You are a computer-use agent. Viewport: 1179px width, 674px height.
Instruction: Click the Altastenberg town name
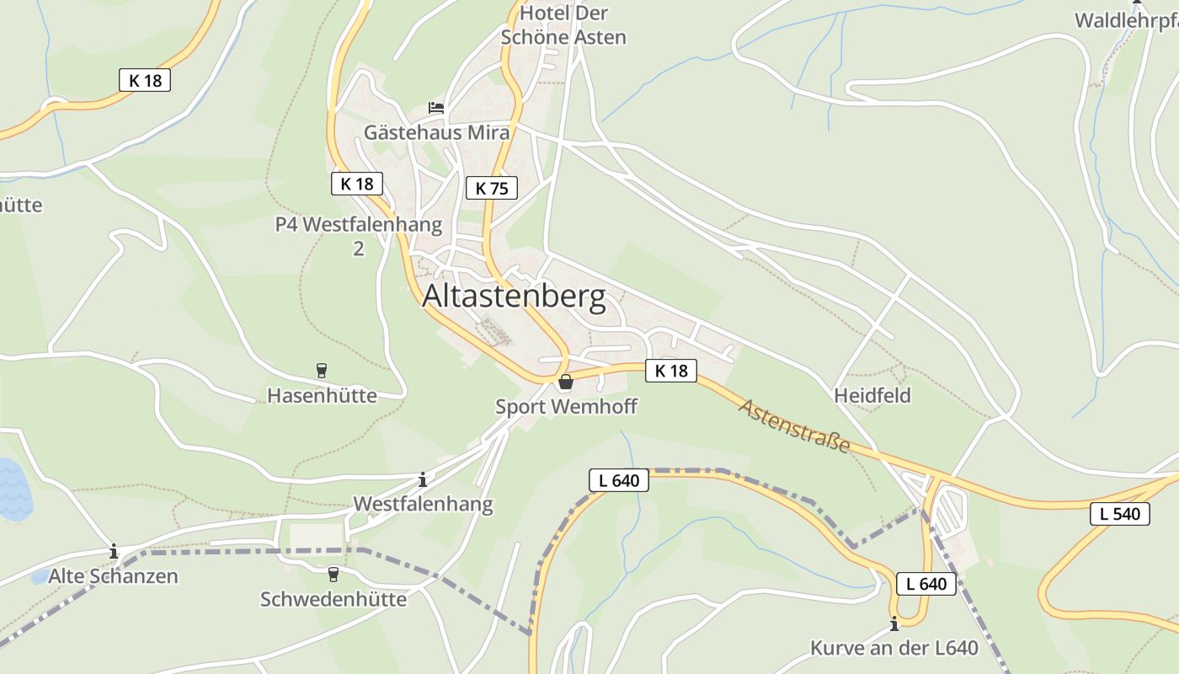(x=514, y=297)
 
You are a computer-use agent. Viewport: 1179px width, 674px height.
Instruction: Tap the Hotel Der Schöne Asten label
(x=563, y=25)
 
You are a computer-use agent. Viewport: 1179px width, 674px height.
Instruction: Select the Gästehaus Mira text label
(x=436, y=132)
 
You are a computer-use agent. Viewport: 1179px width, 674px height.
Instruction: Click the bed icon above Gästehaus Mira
(x=435, y=108)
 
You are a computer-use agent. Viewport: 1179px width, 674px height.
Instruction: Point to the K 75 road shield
(x=492, y=188)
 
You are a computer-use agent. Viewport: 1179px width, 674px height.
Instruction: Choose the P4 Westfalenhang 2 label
(x=359, y=236)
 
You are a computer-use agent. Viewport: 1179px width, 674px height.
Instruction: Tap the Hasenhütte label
(x=322, y=395)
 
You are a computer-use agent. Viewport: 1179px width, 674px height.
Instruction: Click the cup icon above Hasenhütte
(x=321, y=370)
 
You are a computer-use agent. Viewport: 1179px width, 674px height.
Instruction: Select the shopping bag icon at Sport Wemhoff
(x=566, y=382)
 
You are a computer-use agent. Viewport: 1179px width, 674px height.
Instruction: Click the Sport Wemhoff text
(x=566, y=407)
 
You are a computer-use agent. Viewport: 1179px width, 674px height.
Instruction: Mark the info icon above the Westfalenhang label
(x=423, y=480)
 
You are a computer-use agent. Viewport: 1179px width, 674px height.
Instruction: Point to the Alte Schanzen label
(x=114, y=576)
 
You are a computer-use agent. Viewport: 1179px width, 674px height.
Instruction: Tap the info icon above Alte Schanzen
(x=114, y=552)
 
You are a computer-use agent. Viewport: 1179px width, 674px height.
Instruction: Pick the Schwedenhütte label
(x=333, y=599)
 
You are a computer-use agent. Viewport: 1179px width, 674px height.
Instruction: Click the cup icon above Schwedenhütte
(x=333, y=574)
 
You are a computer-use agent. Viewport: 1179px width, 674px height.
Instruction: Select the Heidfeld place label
(x=872, y=395)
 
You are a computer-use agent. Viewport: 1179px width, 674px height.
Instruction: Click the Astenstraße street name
(x=794, y=426)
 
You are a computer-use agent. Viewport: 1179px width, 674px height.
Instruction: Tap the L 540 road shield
(x=1119, y=513)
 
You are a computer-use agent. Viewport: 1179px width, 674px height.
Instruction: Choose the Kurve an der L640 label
(x=894, y=648)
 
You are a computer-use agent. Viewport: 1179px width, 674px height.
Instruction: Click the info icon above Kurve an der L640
(x=894, y=624)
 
